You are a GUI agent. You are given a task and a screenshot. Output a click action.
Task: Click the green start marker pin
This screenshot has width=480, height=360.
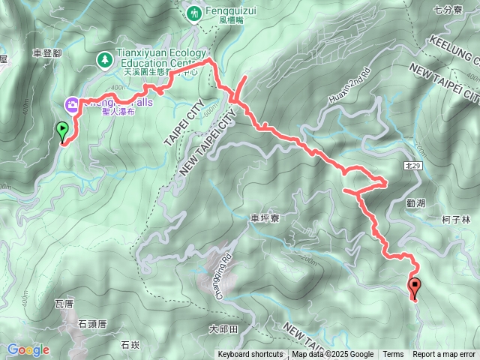click(61, 132)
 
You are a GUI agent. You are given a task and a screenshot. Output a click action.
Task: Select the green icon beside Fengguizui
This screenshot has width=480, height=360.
click(195, 12)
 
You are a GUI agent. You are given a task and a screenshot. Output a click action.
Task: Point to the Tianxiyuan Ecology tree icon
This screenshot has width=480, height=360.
click(105, 58)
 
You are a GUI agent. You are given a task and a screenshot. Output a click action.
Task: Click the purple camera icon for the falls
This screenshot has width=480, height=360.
click(73, 105)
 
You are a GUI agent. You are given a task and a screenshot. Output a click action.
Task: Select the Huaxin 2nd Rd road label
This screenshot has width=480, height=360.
click(349, 85)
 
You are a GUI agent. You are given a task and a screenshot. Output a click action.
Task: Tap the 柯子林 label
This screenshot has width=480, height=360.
click(456, 220)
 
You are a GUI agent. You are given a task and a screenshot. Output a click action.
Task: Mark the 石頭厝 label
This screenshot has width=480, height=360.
click(92, 324)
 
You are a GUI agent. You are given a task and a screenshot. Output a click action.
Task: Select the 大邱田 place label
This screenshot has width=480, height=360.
click(223, 328)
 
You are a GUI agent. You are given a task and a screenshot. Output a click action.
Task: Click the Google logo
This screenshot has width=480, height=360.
click(28, 349)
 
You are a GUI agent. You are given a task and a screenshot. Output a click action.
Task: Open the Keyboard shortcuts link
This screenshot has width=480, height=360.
click(250, 355)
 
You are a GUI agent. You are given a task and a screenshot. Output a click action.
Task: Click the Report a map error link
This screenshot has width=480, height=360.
click(443, 355)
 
